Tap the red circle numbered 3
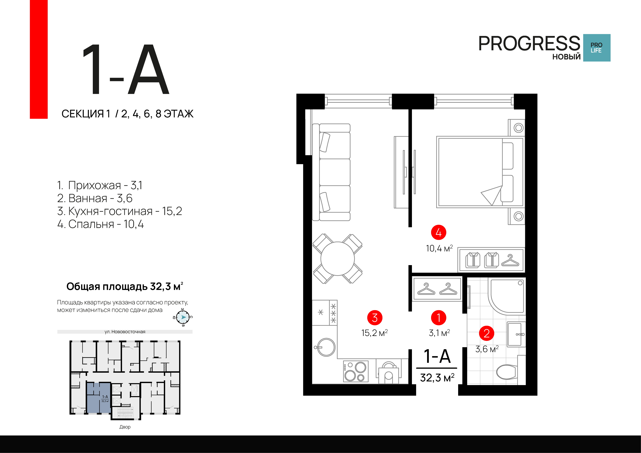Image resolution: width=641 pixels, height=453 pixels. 375,318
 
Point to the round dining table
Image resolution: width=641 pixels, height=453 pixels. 338,259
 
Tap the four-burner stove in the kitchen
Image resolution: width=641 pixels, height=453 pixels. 356,371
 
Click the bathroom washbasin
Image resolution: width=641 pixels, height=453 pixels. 516,334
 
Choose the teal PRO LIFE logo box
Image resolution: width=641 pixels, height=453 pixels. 597,48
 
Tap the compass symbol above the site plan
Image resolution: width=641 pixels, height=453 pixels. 183,317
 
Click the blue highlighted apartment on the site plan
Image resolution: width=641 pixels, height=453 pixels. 98,398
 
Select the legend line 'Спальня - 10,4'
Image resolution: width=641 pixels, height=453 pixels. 100,224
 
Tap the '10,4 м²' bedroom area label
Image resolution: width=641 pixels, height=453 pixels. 439,248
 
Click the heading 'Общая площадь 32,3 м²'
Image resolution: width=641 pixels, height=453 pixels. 125,286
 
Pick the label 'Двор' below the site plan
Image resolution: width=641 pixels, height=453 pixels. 125,427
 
